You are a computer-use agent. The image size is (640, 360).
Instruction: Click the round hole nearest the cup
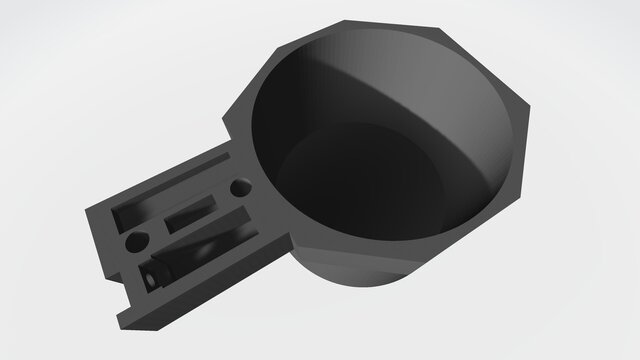click(241, 188)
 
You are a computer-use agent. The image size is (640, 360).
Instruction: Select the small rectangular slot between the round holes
click(189, 213)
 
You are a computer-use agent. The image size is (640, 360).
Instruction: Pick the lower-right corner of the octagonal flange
click(520, 190)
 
